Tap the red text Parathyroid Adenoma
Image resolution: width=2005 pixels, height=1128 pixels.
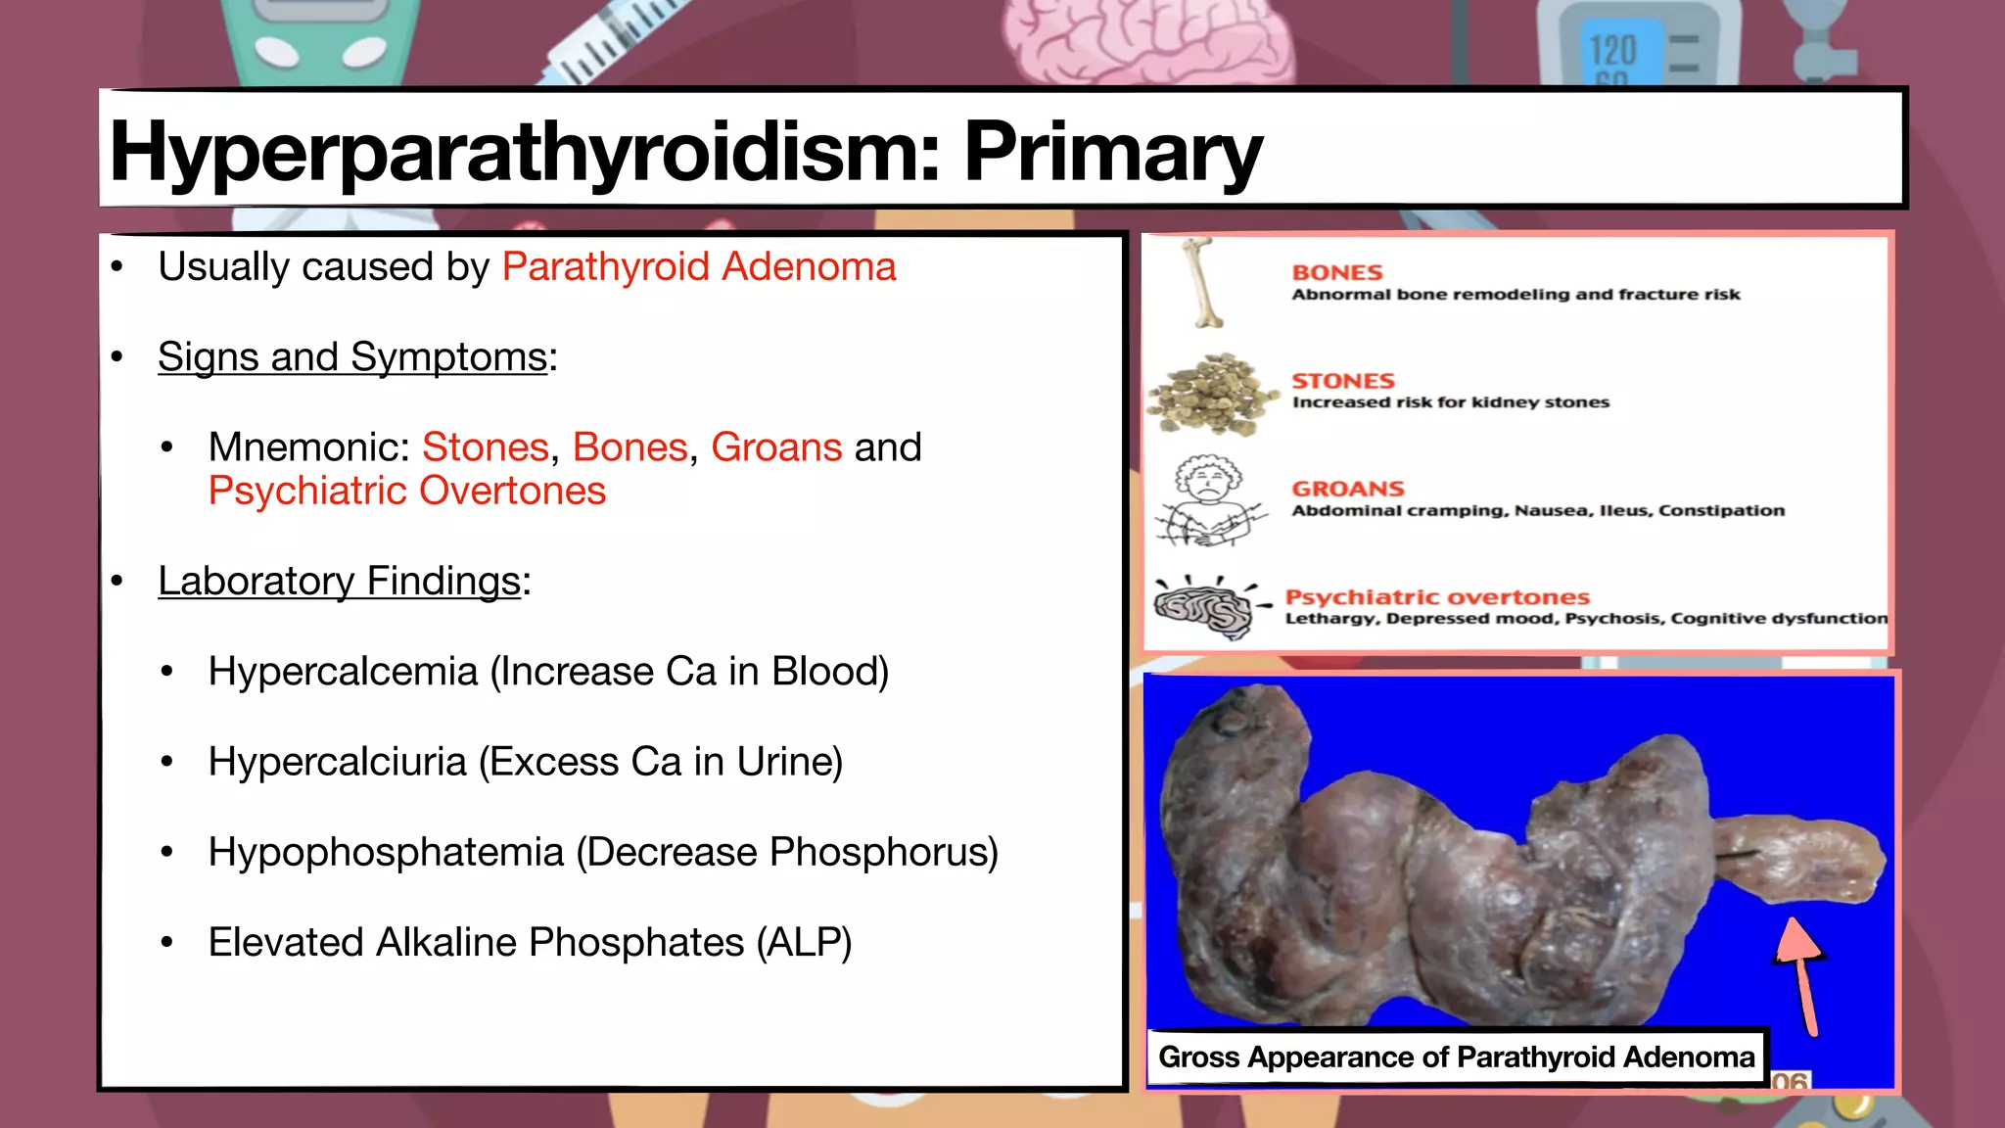point(699,267)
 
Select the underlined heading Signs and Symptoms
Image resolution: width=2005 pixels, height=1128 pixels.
point(352,357)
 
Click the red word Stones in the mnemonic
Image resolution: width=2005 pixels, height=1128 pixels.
point(485,447)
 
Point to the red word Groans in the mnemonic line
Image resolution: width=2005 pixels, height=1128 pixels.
point(775,447)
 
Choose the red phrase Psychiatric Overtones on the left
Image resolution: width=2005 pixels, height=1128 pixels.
point(407,491)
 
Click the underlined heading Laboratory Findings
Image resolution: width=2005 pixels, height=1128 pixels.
point(339,582)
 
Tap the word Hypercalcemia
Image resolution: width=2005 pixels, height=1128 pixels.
point(343,672)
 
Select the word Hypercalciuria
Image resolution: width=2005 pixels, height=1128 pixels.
point(337,762)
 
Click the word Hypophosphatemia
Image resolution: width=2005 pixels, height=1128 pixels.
point(386,852)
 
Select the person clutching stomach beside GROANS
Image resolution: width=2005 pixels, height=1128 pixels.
point(1208,500)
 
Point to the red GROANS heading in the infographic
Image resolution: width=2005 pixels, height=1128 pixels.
point(1347,489)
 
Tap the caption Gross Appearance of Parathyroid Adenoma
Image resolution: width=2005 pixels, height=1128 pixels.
point(1456,1057)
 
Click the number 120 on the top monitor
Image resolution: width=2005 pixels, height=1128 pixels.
point(1612,50)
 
